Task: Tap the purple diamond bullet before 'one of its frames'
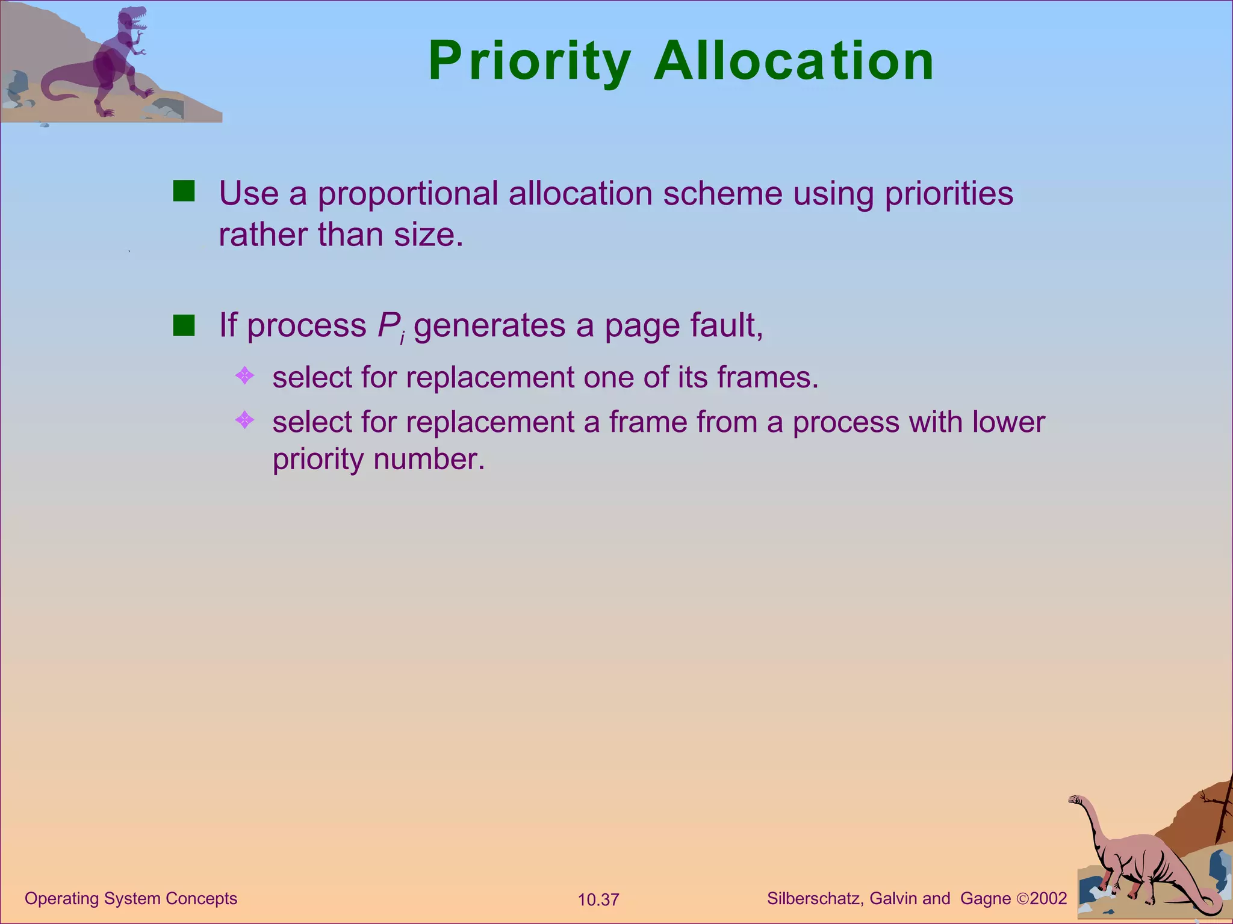[244, 376]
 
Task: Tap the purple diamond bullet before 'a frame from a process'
[244, 419]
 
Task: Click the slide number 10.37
[598, 900]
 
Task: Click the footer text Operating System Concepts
[131, 899]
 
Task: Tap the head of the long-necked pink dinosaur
[1075, 799]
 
